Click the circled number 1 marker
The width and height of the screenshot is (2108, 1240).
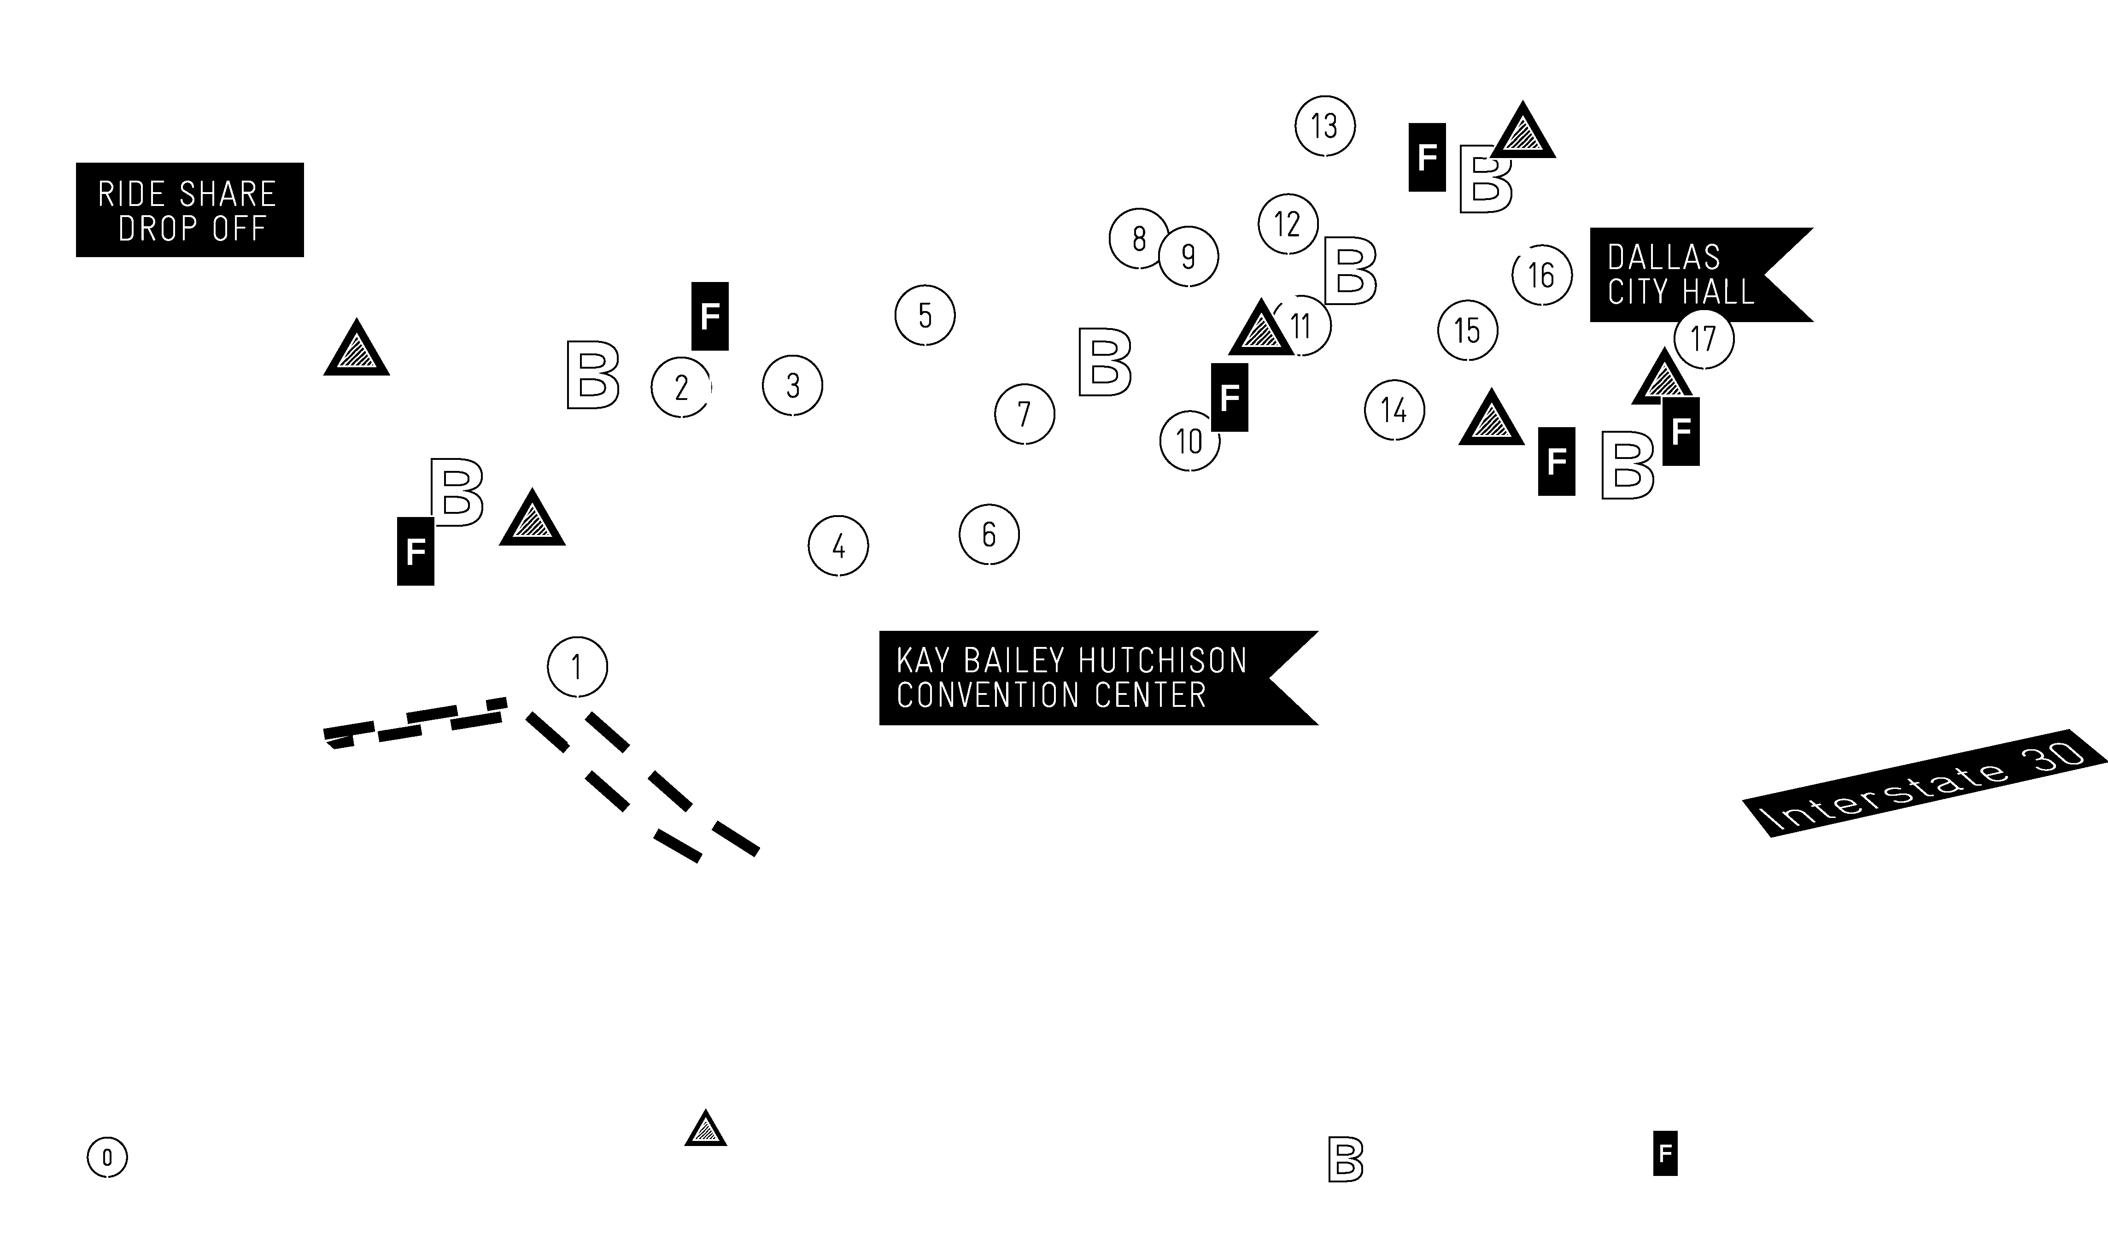point(577,667)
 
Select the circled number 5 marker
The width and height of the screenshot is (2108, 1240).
point(925,316)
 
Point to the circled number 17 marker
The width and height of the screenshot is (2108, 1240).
point(1704,338)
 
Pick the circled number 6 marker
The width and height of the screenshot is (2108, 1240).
point(989,534)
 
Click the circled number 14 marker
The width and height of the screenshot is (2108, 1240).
point(1394,410)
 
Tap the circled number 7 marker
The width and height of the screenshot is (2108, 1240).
point(1025,413)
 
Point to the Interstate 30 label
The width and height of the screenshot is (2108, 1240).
point(1925,783)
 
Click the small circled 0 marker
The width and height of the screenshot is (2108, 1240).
point(107,1158)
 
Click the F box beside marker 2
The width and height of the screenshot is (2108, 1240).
point(710,316)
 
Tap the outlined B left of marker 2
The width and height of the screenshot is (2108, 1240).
point(593,374)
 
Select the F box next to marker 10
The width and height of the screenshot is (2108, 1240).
point(1230,397)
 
